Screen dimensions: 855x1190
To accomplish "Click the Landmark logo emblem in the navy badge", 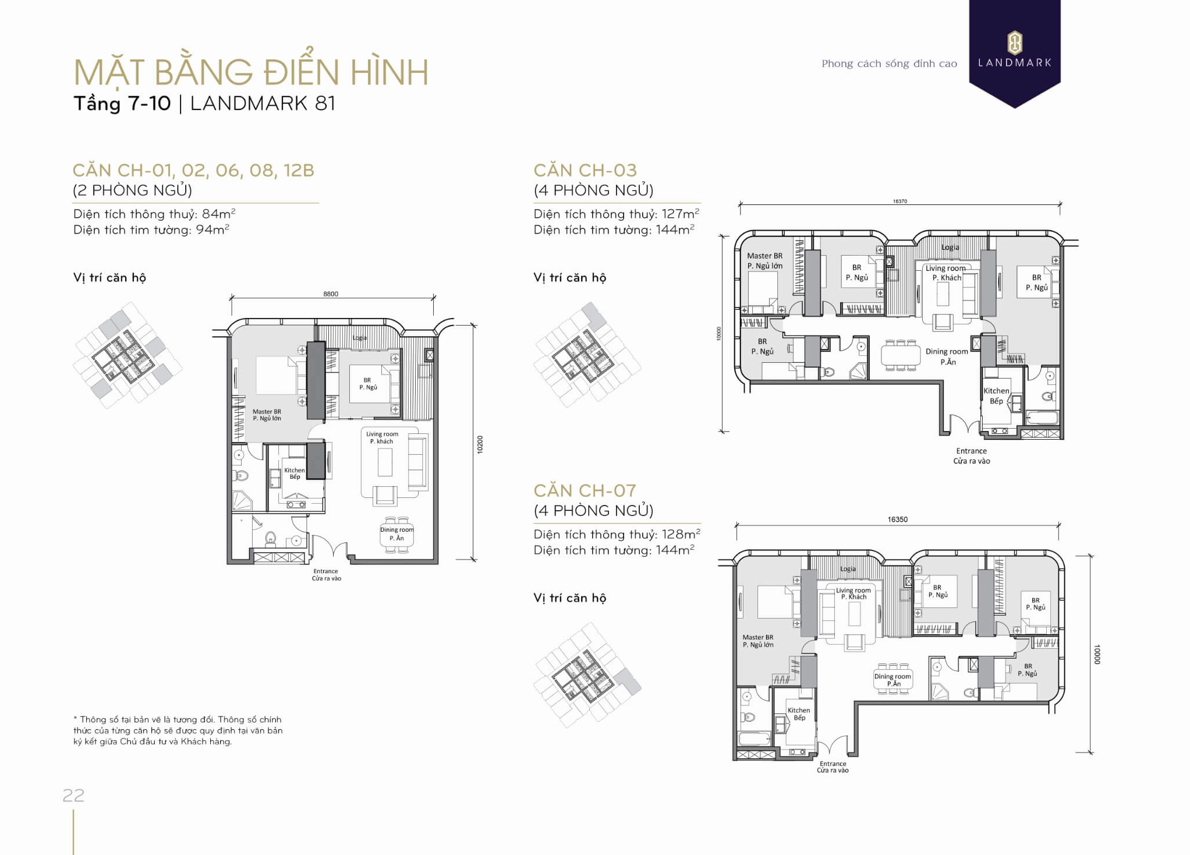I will coord(1014,43).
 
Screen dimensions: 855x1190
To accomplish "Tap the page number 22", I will coord(74,795).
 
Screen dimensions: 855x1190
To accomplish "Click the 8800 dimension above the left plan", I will coord(331,294).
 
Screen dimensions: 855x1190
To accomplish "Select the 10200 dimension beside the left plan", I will coord(480,444).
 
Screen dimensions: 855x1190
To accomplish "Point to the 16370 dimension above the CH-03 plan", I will coord(899,202).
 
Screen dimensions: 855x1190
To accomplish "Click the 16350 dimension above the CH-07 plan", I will coord(897,519).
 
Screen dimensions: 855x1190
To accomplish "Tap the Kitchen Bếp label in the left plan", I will coord(295,474).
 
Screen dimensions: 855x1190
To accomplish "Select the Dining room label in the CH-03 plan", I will coord(947,356).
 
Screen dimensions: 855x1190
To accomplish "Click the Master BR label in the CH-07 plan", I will coord(758,641).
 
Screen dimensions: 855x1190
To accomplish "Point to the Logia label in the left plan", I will coord(360,338).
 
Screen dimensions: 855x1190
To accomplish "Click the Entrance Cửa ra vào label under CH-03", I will coord(971,455).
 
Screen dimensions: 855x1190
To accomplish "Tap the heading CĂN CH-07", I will coord(585,490).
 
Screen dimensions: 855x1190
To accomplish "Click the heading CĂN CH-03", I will coord(585,170).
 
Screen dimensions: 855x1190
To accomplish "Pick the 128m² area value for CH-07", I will coord(681,534).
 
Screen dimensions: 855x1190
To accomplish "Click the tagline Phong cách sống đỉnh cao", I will coord(889,63).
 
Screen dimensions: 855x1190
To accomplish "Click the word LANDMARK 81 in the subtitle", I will coord(263,103).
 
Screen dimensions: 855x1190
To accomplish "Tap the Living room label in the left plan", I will coord(382,437).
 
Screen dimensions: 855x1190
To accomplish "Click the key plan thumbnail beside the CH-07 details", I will coord(587,676).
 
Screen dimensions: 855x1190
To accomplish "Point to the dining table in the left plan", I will coord(397,534).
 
